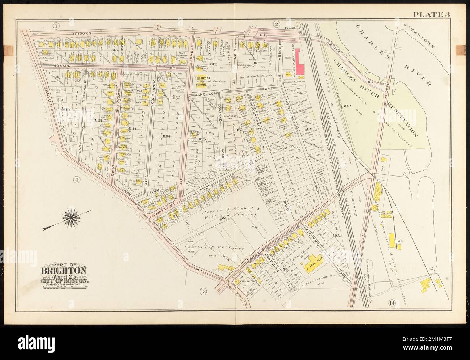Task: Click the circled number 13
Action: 203,292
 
